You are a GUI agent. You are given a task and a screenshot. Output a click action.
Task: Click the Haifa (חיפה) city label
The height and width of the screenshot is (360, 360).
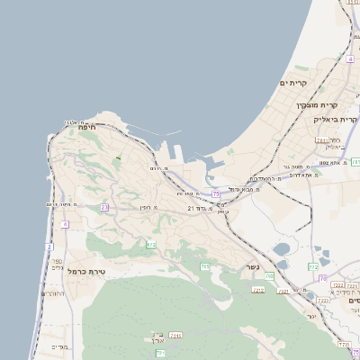tap(87, 128)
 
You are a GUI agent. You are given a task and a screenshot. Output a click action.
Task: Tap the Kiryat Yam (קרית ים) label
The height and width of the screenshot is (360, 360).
tap(294, 83)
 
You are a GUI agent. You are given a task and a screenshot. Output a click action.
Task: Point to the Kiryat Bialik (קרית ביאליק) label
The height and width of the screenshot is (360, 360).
tap(336, 118)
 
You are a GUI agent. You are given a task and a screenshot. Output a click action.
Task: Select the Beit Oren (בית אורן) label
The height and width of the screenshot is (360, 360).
tap(158, 337)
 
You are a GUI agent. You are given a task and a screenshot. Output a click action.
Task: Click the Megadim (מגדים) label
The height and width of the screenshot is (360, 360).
tap(60, 346)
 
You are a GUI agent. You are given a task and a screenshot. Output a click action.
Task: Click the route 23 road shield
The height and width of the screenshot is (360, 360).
tap(104, 207)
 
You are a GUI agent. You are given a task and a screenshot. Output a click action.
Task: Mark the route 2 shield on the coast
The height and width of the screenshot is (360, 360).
tap(49, 246)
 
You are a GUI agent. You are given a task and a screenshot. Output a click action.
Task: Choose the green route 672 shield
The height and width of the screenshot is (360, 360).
tap(151, 245)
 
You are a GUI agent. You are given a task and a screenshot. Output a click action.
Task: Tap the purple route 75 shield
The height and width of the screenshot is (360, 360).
tap(216, 193)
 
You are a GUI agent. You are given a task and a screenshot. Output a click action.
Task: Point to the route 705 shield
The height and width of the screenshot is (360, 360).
tap(205, 265)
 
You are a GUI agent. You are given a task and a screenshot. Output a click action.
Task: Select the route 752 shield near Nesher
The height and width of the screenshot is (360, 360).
tap(259, 290)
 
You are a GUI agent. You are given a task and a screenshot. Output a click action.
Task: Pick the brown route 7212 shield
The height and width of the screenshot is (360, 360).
tap(175, 335)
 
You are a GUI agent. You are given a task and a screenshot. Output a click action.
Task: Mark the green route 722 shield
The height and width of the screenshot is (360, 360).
tap(313, 266)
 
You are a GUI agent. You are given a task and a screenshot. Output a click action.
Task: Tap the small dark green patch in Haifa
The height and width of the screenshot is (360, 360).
tap(117, 160)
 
